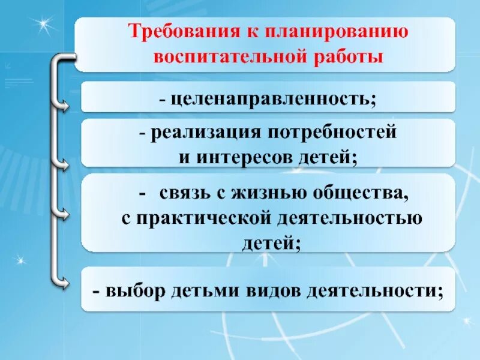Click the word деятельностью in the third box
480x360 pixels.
pos(349,218)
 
